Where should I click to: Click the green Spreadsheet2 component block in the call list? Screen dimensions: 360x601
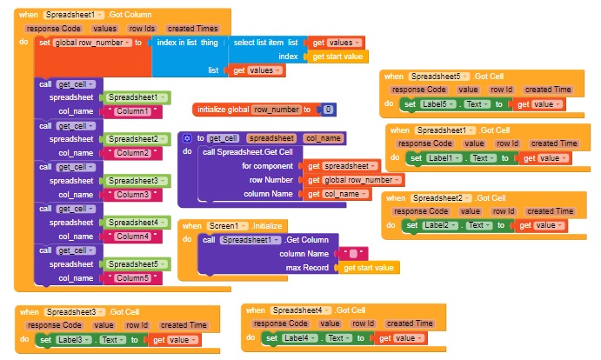click(136, 139)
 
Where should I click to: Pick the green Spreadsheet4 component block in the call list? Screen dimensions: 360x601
click(136, 223)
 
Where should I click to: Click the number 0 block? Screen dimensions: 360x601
click(327, 110)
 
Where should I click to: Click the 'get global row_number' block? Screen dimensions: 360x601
click(355, 180)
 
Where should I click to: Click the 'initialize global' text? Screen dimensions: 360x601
click(223, 110)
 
